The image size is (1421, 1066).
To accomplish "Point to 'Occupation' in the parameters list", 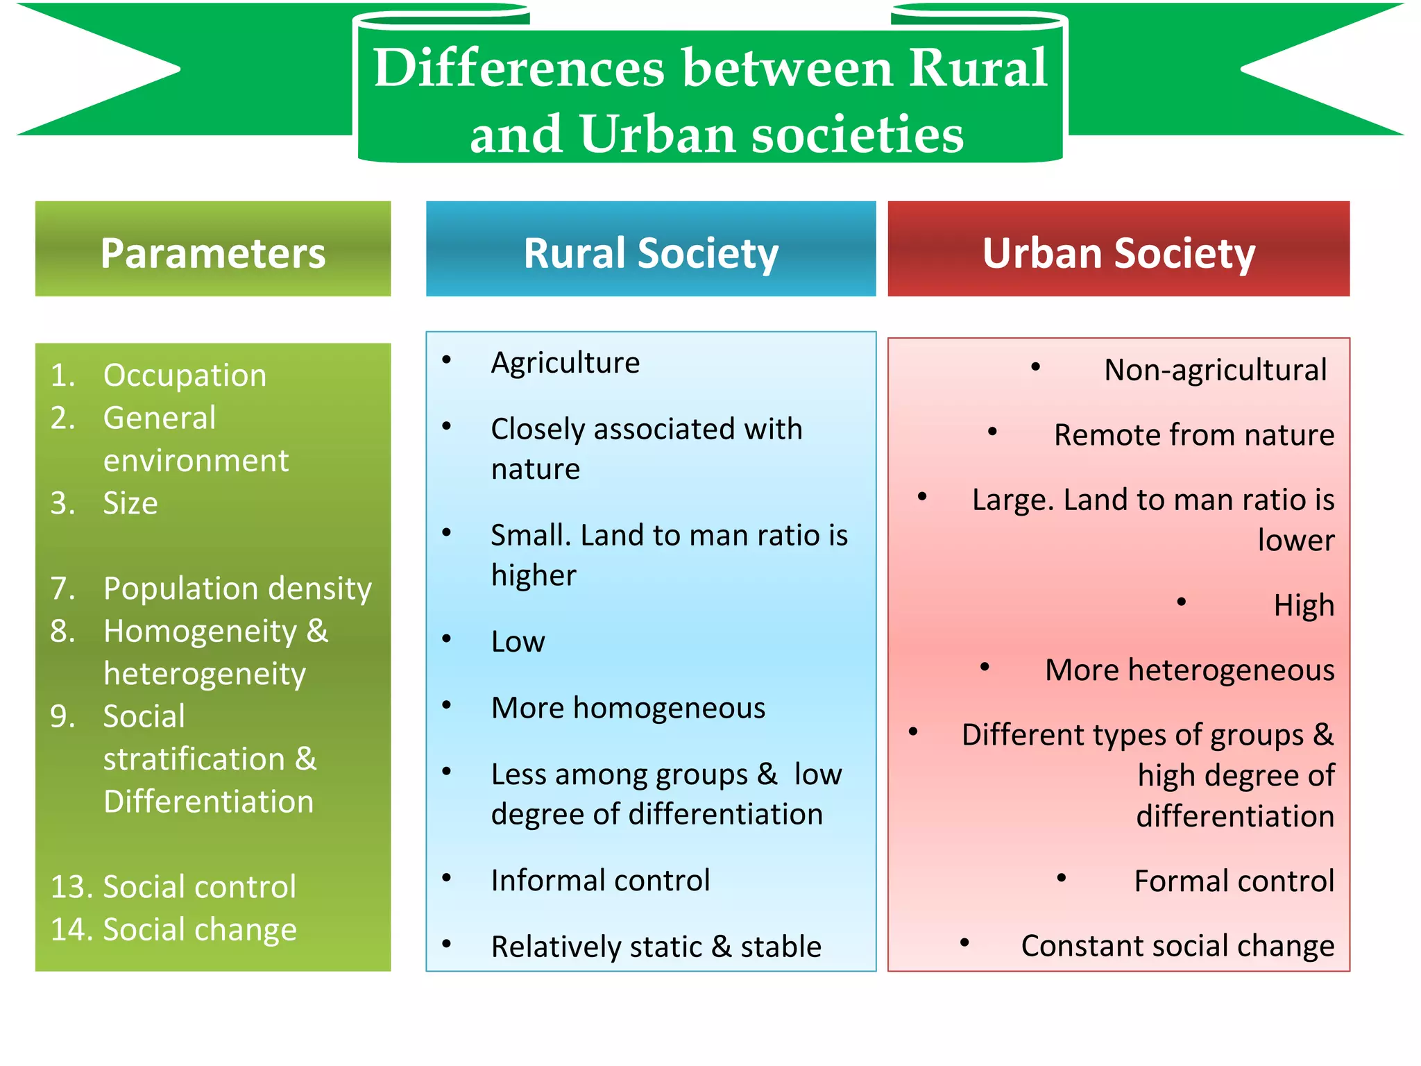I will click(185, 375).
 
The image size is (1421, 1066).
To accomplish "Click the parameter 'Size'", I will click(130, 503).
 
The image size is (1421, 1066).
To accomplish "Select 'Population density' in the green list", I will click(237, 589).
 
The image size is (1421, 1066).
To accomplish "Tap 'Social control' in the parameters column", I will click(199, 887).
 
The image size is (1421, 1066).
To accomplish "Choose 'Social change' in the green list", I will click(200, 929).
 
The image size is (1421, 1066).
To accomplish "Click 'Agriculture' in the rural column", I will click(565, 363).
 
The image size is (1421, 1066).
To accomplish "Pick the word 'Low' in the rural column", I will click(518, 642).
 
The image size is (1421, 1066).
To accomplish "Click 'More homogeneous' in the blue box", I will click(628, 708).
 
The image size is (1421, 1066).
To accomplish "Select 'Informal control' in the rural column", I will click(600, 880).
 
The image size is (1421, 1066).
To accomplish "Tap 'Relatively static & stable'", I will click(656, 947).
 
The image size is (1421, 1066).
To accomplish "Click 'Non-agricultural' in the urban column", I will click(1215, 370).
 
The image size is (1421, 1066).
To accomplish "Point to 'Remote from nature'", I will click(1193, 435).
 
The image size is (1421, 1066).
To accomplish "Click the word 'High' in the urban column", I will click(1304, 605).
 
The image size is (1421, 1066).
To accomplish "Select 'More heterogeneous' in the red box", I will click(1189, 670).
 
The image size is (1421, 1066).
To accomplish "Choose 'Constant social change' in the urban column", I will click(1177, 946).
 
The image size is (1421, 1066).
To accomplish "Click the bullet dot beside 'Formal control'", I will click(1062, 878).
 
